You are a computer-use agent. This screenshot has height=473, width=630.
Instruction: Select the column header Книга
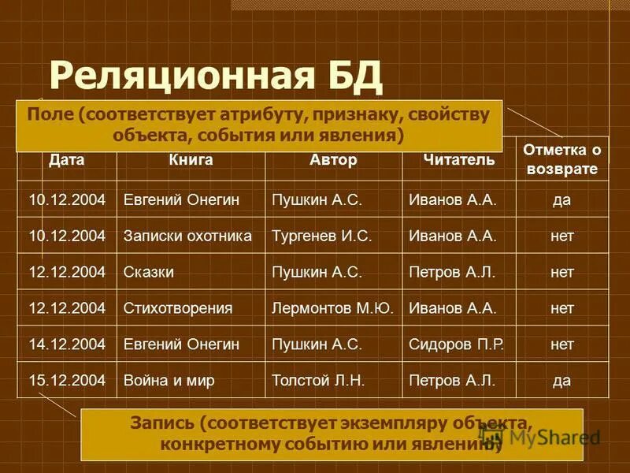point(190,160)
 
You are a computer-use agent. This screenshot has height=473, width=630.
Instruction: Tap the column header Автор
point(333,160)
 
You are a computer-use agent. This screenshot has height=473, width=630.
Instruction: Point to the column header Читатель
point(458,160)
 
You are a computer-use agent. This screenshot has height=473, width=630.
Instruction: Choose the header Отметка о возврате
point(561,159)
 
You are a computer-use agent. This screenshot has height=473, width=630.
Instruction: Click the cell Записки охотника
point(187,236)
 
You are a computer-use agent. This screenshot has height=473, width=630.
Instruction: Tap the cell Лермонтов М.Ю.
point(332,308)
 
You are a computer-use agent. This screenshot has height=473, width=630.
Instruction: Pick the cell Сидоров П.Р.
point(457,345)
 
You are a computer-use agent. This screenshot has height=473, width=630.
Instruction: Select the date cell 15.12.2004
point(67,381)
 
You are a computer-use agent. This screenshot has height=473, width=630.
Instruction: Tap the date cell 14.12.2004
point(67,345)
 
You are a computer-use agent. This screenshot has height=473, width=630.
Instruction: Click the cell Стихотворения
point(177,308)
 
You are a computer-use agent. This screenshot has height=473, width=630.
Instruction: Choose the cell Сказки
point(149,272)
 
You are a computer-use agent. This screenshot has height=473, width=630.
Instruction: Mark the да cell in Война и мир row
point(561,381)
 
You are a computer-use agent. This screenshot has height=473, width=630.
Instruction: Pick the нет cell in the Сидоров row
point(561,345)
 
